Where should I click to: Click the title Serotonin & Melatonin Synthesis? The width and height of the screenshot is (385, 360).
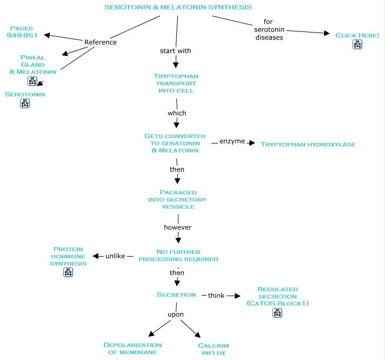pyautogui.click(x=177, y=7)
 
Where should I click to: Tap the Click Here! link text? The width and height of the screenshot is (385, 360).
pyautogui.click(x=357, y=35)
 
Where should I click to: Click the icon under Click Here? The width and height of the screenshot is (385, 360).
pyautogui.click(x=357, y=45)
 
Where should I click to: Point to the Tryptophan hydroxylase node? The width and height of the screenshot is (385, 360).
pyautogui.click(x=308, y=145)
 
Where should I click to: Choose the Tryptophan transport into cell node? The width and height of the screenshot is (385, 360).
pyautogui.click(x=175, y=83)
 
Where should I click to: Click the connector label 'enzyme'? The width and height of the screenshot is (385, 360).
pyautogui.click(x=232, y=141)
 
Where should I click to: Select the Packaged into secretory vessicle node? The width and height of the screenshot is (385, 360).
pyautogui.click(x=177, y=199)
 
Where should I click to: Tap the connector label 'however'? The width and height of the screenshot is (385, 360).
pyautogui.click(x=178, y=227)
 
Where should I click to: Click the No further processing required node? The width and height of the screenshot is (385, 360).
pyautogui.click(x=178, y=255)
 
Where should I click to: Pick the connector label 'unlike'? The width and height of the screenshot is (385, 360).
pyautogui.click(x=116, y=256)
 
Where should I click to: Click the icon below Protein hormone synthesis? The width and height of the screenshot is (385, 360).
pyautogui.click(x=68, y=272)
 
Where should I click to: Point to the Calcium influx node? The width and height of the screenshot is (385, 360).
pyautogui.click(x=213, y=349)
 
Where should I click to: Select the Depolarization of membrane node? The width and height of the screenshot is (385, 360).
pyautogui.click(x=132, y=349)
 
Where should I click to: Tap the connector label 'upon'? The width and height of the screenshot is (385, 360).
pyautogui.click(x=175, y=314)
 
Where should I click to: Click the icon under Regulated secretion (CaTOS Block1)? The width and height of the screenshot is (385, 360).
pyautogui.click(x=277, y=312)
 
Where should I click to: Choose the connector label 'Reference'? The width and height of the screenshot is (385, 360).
pyautogui.click(x=101, y=42)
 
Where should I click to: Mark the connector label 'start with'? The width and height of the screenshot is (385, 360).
pyautogui.click(x=175, y=51)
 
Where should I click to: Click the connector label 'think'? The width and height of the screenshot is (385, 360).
pyautogui.click(x=216, y=296)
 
